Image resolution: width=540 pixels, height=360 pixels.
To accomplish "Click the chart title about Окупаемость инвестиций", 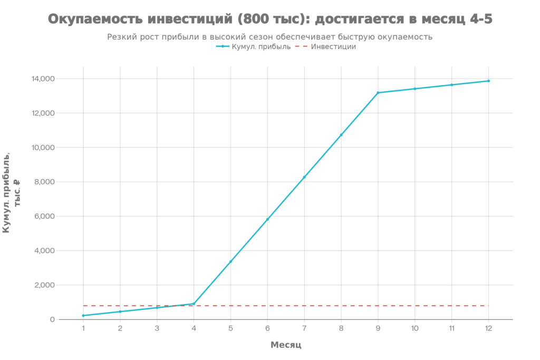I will coord(270,20).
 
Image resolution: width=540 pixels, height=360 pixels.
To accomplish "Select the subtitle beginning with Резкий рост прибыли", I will coord(270,37).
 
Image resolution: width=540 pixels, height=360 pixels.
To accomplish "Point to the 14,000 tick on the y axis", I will coord(43,79).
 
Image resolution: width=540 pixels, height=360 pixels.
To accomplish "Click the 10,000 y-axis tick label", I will coord(43,148).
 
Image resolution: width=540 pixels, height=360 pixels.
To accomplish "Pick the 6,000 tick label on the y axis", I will coord(44,216).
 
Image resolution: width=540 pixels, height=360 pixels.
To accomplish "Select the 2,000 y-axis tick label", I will coord(44,285).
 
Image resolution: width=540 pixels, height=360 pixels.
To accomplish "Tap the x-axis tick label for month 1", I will coord(83,328).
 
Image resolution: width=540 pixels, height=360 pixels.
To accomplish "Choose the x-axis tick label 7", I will coord(304,328).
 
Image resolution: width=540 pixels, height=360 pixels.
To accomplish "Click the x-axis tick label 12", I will coord(488,328).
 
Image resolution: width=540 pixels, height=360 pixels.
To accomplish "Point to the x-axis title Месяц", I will coord(285,345).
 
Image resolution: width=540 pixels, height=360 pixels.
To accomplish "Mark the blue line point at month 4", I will coord(194,304).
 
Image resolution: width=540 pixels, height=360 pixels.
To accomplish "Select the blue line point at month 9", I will coord(378,93).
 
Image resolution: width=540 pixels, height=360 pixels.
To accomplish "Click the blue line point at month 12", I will coord(488,81).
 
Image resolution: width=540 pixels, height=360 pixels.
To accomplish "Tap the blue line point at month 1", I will coord(83,315).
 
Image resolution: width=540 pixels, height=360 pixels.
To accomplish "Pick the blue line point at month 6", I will coord(267,219).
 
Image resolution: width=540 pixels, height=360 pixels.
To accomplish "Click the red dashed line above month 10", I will coord(414,306).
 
